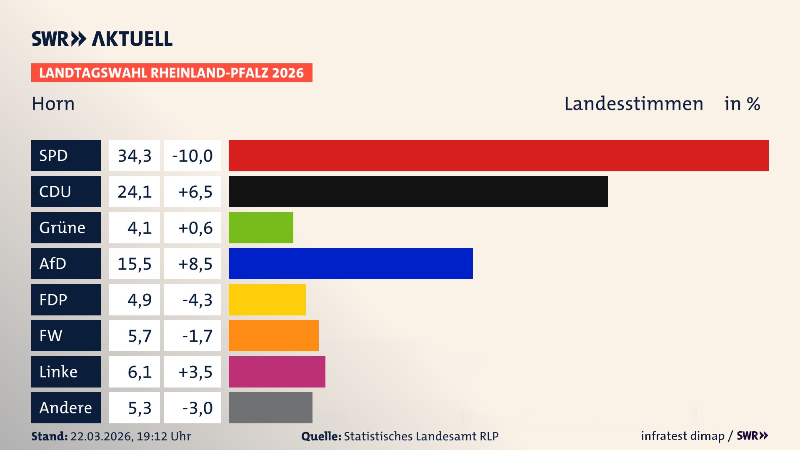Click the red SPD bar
tap(498, 155)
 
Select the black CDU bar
tap(418, 191)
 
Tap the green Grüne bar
tap(261, 227)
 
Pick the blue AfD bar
tap(350, 263)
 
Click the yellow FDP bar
tap(267, 300)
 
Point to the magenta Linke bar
tap(277, 372)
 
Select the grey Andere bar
tap(270, 407)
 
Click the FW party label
tap(66, 335)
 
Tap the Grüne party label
tap(66, 227)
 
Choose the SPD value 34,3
tap(134, 155)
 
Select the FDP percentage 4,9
tap(139, 300)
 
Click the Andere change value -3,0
tap(197, 408)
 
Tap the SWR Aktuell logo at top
tap(102, 39)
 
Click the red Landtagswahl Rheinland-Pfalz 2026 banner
tap(172, 73)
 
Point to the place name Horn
tap(53, 104)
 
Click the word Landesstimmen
tap(633, 104)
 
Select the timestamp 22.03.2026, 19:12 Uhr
tap(130, 436)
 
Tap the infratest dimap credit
tap(682, 436)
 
